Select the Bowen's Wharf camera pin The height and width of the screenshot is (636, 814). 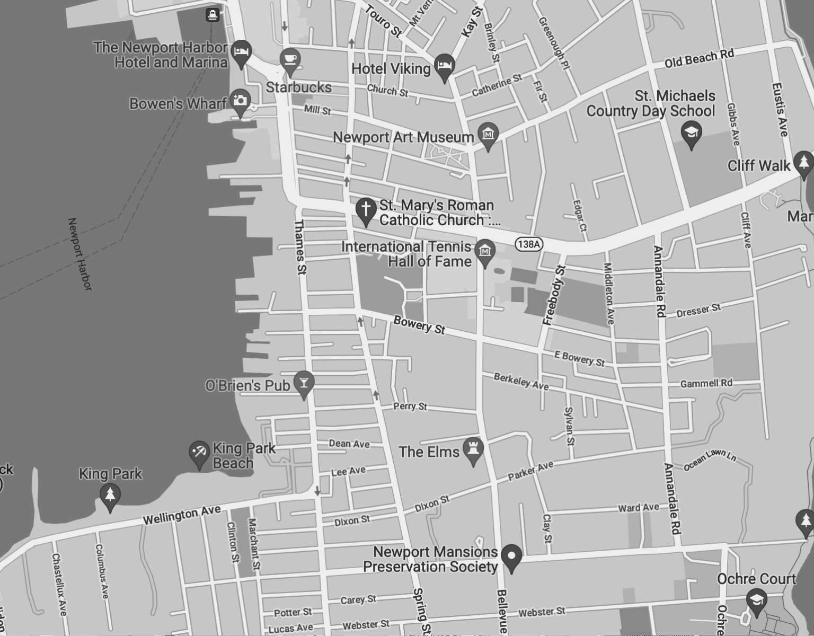[240, 101]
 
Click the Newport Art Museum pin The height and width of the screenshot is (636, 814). [488, 135]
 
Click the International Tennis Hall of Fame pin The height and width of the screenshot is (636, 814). [485, 251]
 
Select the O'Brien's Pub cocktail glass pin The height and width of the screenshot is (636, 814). [304, 383]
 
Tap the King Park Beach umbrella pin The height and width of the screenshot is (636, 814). [199, 453]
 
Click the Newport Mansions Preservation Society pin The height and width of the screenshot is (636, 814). [511, 556]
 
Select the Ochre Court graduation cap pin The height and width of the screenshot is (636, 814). [756, 601]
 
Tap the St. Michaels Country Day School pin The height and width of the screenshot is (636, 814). [691, 132]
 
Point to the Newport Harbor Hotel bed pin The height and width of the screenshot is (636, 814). [241, 52]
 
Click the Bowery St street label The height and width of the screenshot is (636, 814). [419, 325]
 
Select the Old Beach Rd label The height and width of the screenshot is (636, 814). [699, 58]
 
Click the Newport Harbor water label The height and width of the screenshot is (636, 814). [80, 254]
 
